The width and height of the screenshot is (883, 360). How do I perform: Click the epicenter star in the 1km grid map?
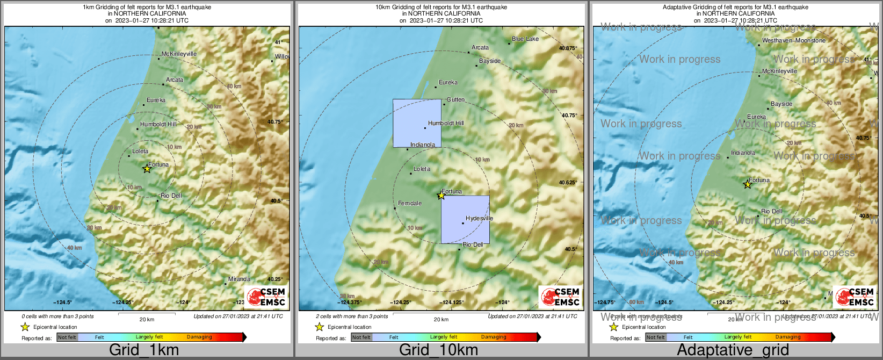coord(147,169)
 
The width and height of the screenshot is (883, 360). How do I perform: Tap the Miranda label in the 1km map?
coord(239,279)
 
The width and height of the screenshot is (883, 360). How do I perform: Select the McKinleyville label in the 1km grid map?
coord(179,54)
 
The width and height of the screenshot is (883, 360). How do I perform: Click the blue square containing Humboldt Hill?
coord(417,123)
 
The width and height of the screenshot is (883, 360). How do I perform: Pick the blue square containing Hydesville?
coord(465,219)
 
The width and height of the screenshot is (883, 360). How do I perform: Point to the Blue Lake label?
coord(525,39)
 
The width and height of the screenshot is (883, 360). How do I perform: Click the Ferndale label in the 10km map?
coord(410,203)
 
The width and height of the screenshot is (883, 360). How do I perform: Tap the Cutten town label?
coord(455,99)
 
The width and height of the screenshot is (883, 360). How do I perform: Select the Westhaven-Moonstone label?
coord(794,40)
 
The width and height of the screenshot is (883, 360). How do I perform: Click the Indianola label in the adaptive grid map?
coord(743,153)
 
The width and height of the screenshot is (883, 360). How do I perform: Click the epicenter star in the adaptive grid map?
coord(747,184)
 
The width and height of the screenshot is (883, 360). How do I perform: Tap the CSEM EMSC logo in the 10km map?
coord(560,297)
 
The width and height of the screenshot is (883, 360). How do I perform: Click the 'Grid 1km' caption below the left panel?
coord(144,350)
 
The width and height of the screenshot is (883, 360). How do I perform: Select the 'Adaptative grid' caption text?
coord(733,350)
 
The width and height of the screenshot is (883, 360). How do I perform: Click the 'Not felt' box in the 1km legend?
coord(67,337)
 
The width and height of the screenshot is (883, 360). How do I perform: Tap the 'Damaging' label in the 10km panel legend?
coord(494,337)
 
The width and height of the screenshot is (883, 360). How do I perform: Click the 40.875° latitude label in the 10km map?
coord(568,48)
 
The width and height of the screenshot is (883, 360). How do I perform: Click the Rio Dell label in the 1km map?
coord(171,196)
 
